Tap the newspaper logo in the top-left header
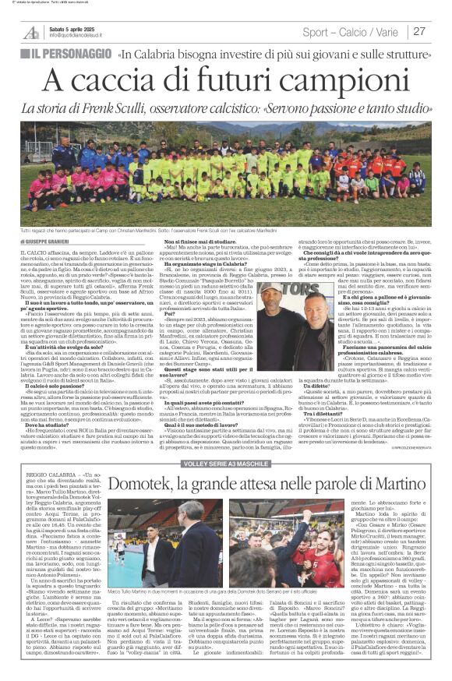click(32, 33)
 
